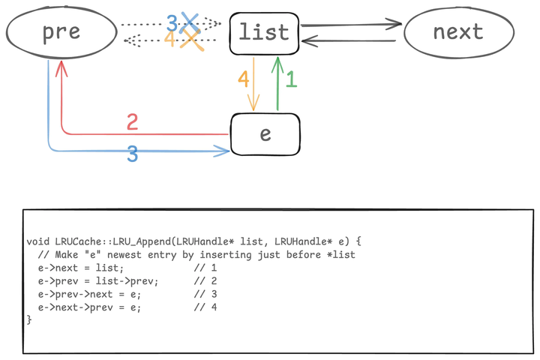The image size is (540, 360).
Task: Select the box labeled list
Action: (x=264, y=33)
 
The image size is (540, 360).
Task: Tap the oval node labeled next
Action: (x=458, y=32)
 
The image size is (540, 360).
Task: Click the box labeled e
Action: (x=265, y=134)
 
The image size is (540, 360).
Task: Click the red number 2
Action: (x=133, y=121)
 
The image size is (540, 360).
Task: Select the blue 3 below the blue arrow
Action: (x=132, y=155)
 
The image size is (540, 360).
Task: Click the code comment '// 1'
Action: (x=205, y=268)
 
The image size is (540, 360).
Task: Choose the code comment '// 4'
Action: (x=205, y=307)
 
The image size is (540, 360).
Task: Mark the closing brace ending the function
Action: (x=29, y=320)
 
